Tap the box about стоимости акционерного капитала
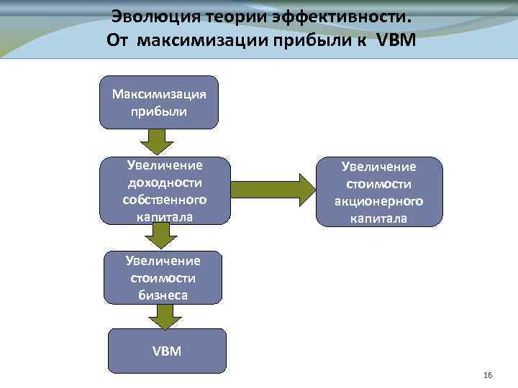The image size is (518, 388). (x=378, y=191)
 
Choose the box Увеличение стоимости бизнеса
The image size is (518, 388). (x=163, y=277)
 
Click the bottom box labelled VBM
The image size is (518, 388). (x=167, y=351)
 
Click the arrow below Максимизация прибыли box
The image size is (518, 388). (x=160, y=140)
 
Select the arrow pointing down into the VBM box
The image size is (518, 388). (x=165, y=315)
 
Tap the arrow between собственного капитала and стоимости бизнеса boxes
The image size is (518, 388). (x=160, y=234)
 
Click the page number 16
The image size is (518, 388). (x=489, y=376)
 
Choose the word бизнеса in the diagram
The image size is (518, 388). (x=163, y=294)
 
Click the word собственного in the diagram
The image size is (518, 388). (x=165, y=198)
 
